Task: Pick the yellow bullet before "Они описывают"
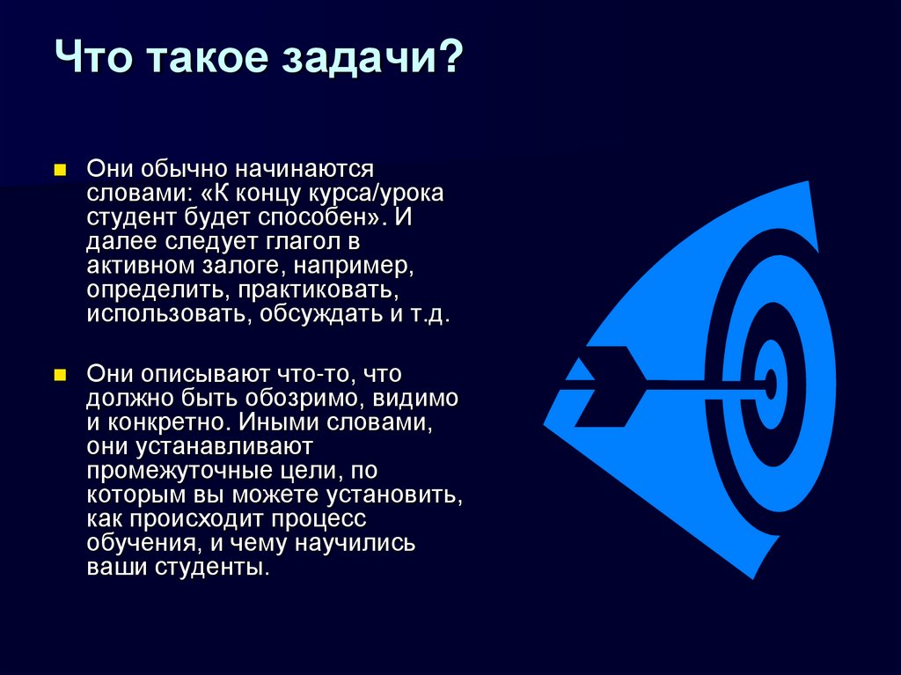pos(60,374)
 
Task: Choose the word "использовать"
pos(166,315)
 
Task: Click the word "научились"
pos(355,544)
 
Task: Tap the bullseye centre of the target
pos(770,384)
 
